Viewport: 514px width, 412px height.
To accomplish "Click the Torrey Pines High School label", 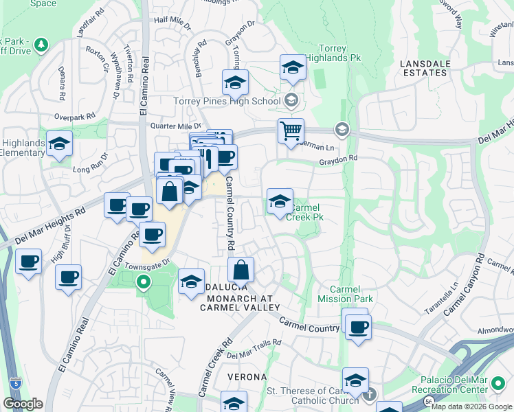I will [x=227, y=102].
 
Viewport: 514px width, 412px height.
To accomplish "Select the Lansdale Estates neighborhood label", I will [x=433, y=69].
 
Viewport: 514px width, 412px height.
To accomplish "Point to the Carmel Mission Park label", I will [x=351, y=295].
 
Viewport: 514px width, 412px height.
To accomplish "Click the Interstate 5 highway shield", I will [x=14, y=382].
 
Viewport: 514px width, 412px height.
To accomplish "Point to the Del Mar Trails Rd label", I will [x=254, y=349].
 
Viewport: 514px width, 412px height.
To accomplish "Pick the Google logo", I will [x=23, y=403].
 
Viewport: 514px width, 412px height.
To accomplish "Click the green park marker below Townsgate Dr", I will [x=143, y=281].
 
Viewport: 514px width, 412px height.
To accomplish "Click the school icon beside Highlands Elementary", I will [x=59, y=144].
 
